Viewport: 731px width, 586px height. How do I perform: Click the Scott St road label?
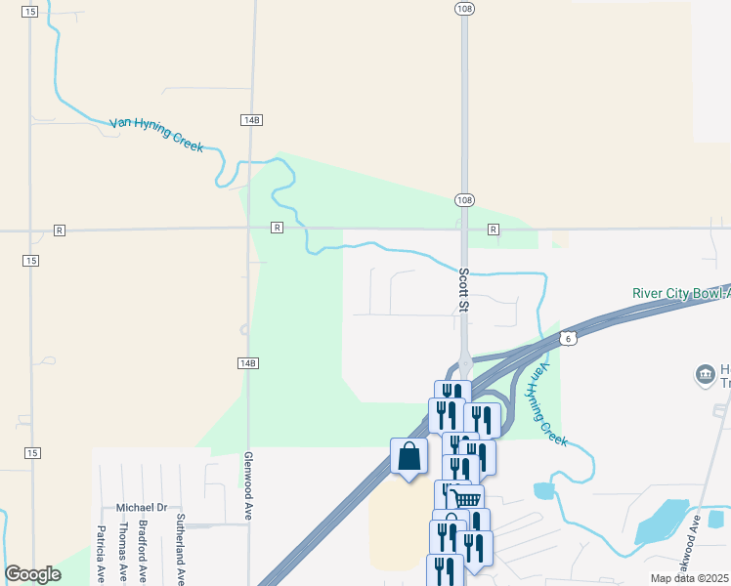464,291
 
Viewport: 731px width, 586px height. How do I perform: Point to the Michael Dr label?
142,508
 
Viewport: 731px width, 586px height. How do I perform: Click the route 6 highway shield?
568,338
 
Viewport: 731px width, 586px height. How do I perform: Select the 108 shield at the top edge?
464,8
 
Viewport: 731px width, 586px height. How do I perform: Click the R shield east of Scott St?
494,230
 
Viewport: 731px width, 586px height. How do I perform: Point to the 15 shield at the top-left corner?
30,11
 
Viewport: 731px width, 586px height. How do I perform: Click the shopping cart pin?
467,499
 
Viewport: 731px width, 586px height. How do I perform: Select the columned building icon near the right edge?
705,374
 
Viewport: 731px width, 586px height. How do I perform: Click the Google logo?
32,574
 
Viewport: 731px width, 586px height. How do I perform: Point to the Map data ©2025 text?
690,578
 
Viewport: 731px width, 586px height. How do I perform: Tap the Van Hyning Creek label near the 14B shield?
156,134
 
